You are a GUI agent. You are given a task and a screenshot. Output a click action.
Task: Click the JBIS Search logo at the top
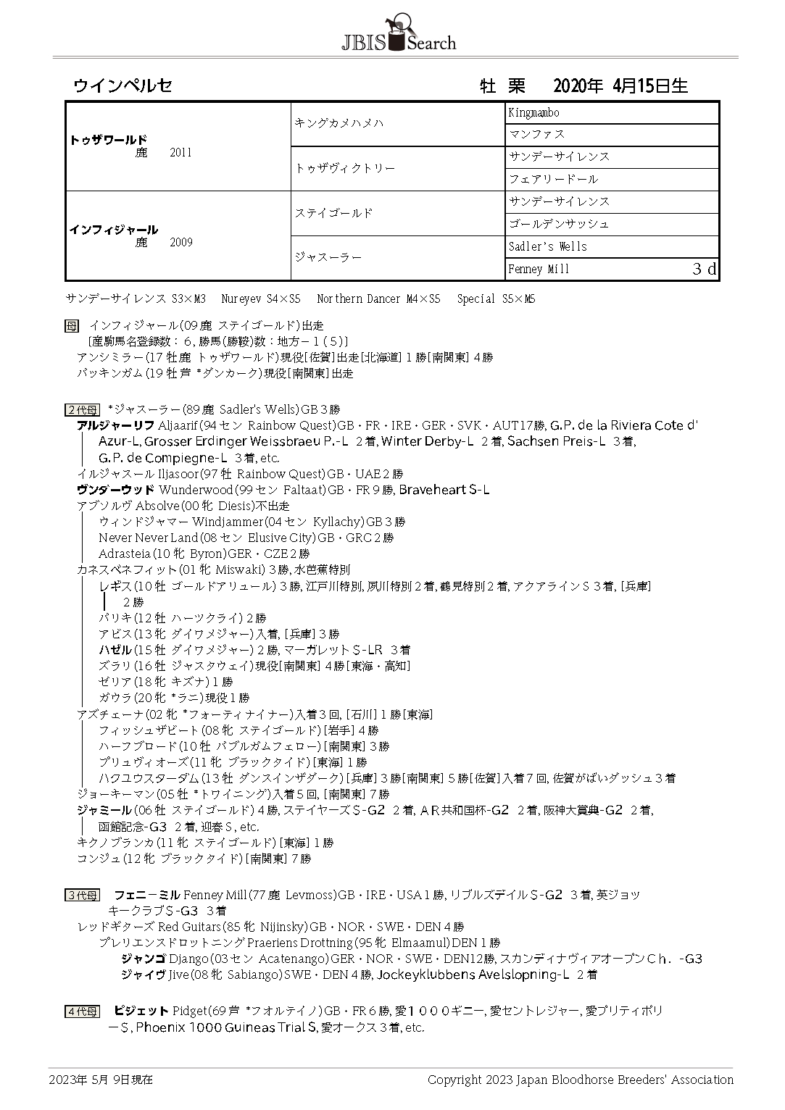tap(398, 35)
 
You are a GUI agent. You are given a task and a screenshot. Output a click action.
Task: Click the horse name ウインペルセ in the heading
tap(122, 85)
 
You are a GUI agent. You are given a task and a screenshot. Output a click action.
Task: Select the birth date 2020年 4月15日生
tap(620, 86)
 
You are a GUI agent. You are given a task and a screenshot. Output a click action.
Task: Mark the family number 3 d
tap(703, 270)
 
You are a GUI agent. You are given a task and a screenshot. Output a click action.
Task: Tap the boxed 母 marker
tap(71, 326)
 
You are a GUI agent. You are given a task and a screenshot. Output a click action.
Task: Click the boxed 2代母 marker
tap(81, 410)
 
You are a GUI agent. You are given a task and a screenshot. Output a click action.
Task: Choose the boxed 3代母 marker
tap(81, 896)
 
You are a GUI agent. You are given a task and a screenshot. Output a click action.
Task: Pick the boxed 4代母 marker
tap(81, 1011)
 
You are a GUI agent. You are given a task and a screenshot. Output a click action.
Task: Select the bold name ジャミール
tap(104, 810)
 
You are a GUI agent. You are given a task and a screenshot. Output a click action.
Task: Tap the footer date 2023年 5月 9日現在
tap(101, 1080)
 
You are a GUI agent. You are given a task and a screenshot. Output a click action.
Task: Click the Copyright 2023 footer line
tap(580, 1080)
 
